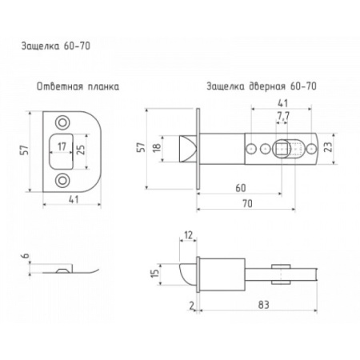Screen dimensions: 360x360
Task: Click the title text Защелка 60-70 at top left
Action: tap(56, 46)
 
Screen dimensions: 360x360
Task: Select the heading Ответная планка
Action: tap(78, 86)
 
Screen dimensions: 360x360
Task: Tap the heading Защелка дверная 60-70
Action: tap(262, 86)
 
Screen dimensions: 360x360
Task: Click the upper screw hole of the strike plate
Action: tap(62, 123)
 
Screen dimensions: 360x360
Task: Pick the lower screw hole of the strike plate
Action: tap(62, 181)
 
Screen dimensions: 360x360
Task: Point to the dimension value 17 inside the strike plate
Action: tap(62, 146)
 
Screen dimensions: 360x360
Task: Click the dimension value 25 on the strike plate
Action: tap(81, 150)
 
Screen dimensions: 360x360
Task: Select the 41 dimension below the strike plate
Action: tap(74, 199)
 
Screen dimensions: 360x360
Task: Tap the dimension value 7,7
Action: tap(283, 116)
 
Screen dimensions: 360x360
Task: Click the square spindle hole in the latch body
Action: tap(282, 149)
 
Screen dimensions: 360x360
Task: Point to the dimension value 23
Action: tap(329, 146)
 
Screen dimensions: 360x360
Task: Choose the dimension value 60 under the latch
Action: tap(241, 188)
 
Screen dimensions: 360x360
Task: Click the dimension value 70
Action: tap(247, 204)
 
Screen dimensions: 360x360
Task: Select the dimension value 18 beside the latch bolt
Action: tap(157, 147)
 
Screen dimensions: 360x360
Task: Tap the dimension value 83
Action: tap(263, 305)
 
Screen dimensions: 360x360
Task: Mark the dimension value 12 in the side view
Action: tap(188, 235)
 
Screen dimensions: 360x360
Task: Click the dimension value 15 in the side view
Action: tap(155, 274)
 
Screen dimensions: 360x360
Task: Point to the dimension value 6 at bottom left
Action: tap(26, 256)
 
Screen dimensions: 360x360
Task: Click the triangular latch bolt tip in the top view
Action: tap(188, 149)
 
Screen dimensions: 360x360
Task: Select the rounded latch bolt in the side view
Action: tap(189, 274)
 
